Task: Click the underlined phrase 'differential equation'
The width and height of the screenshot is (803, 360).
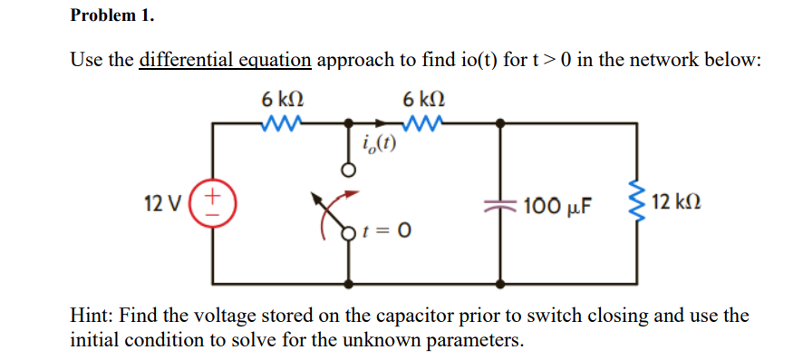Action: [x=225, y=61]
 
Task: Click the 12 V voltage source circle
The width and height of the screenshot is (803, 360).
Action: [x=214, y=199]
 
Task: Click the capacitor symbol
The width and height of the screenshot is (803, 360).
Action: [x=499, y=204]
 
